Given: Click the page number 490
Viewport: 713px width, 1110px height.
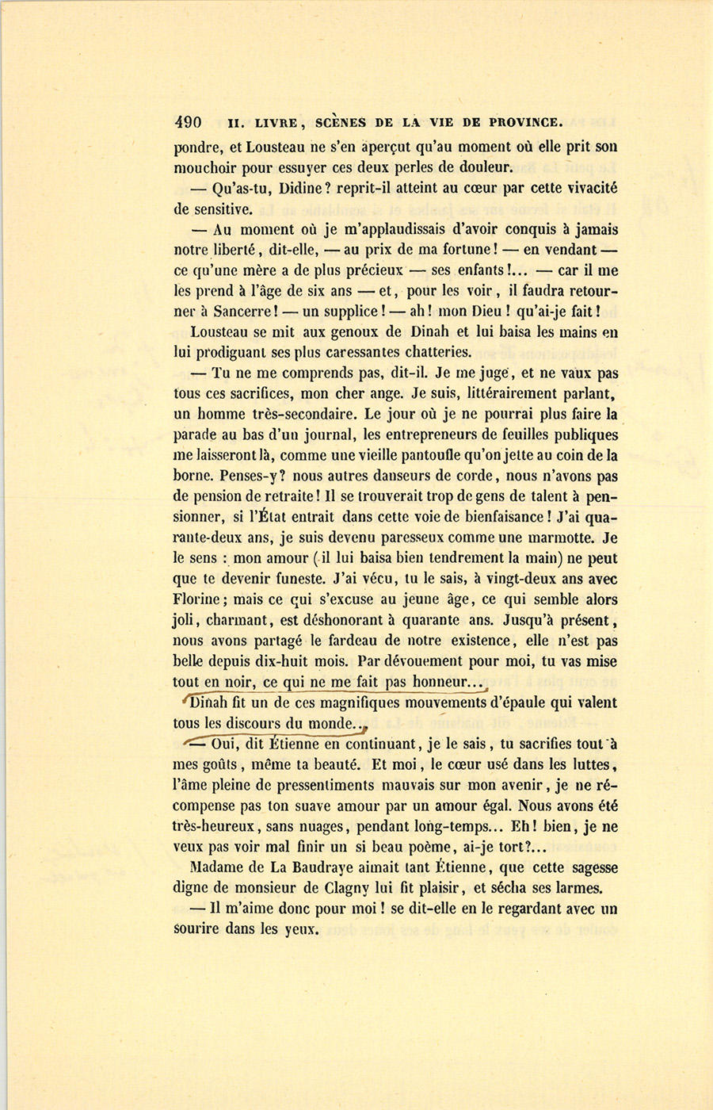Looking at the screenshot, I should point(188,123).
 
